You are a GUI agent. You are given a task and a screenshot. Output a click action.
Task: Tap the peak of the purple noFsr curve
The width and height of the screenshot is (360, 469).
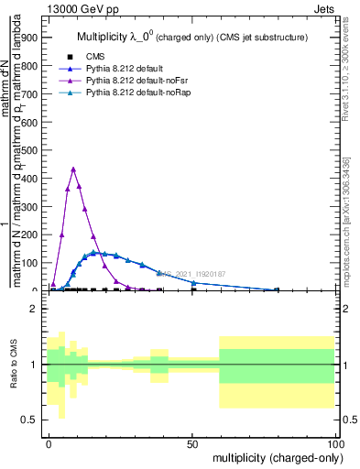(x=73, y=169)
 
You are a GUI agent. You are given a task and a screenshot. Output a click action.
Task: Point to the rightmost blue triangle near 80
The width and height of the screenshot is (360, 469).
(x=277, y=289)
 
